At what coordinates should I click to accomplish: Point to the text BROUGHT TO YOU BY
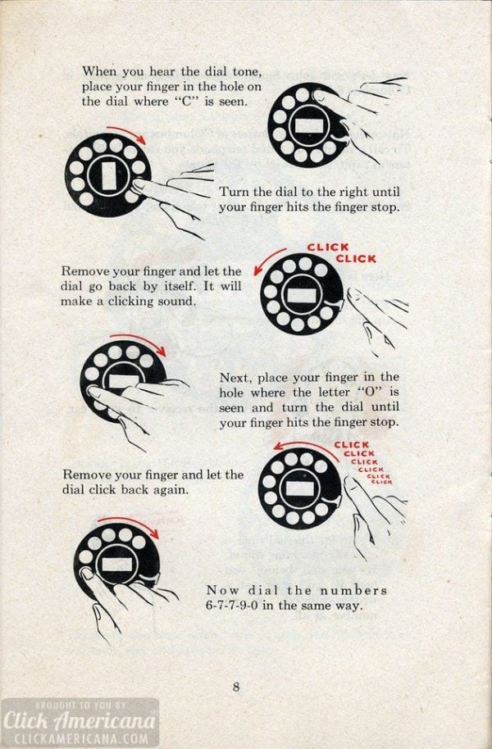(79, 705)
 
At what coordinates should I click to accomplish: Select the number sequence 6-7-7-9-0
(239, 606)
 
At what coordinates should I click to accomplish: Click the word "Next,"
(237, 378)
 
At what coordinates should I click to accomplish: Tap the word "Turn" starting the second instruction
(234, 192)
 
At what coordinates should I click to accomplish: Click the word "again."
(170, 490)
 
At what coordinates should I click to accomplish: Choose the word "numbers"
(355, 590)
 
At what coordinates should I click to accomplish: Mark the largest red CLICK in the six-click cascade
(352, 445)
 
